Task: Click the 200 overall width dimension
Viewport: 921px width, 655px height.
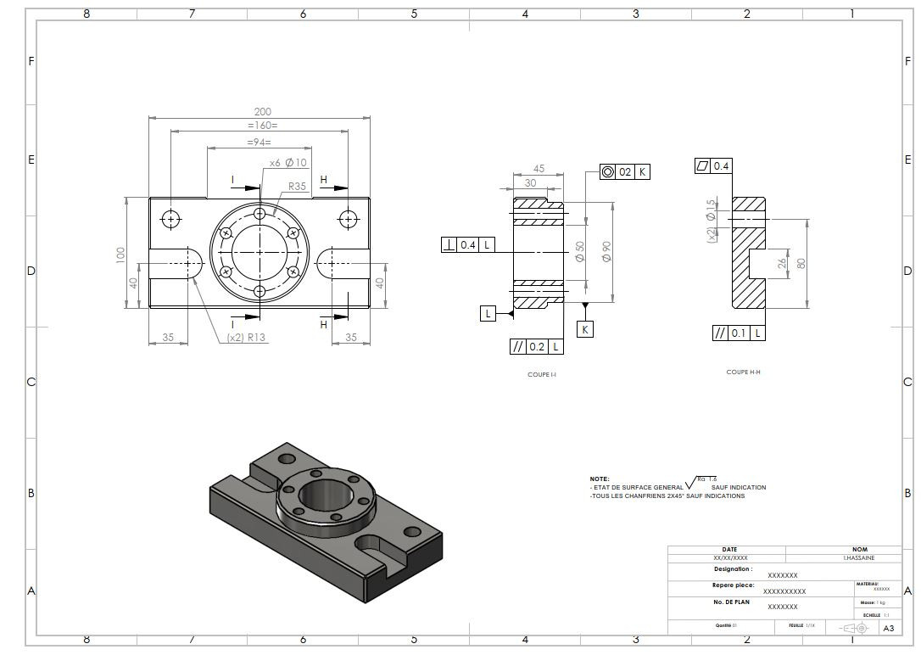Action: pos(262,112)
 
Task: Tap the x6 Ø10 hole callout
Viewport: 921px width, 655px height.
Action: pos(288,162)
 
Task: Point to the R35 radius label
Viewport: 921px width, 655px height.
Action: pos(297,186)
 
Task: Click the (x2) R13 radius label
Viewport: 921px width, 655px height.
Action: pos(246,338)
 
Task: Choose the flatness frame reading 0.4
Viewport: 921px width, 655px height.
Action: pos(712,166)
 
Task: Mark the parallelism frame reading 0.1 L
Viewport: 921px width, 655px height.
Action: pos(739,333)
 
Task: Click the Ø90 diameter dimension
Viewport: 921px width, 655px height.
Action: pos(606,251)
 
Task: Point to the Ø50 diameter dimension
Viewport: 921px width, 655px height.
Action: pos(580,251)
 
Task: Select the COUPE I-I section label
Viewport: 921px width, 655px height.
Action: pos(542,373)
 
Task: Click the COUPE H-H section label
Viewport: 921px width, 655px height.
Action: pos(743,372)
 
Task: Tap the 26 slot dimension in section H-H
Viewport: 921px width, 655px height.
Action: pos(781,264)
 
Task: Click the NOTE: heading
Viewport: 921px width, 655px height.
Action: pos(600,479)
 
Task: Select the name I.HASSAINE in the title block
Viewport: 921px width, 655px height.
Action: pos(858,558)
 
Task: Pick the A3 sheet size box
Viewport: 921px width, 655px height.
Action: pos(888,629)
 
